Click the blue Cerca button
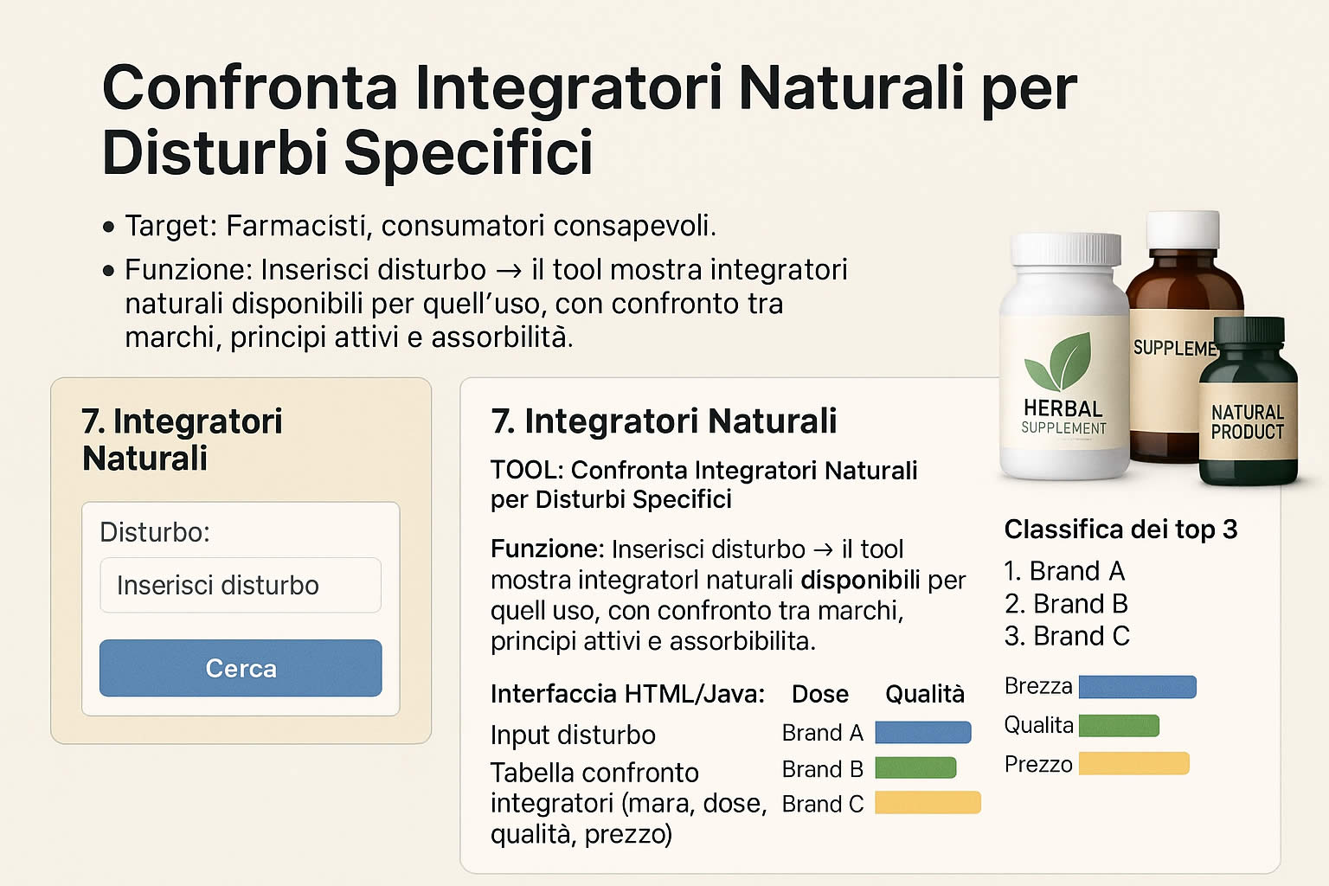[241, 668]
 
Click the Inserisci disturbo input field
[241, 585]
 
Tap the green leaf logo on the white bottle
[1058, 361]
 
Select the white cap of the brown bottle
[1183, 229]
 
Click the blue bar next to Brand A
[922, 732]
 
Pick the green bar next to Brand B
[915, 768]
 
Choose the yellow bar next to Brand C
[928, 802]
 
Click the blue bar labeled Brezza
[1138, 687]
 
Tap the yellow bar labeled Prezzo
[1133, 763]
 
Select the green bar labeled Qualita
[1119, 726]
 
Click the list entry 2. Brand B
[1066, 604]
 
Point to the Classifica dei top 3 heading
[1120, 530]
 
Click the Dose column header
[820, 694]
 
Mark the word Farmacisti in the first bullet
[299, 226]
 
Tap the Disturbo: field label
[155, 532]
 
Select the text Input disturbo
[573, 735]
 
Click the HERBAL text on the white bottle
[1063, 408]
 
